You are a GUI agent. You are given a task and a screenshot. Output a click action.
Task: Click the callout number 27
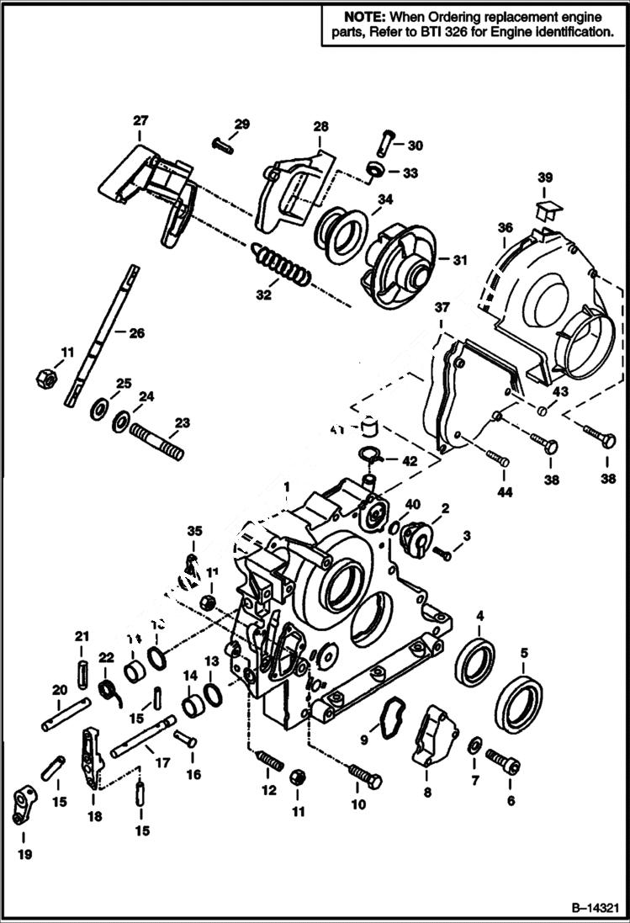[139, 120]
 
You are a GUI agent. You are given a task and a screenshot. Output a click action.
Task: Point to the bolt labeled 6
[503, 763]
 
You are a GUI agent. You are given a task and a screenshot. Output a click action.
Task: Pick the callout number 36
[504, 227]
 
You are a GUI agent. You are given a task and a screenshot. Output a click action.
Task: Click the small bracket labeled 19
[23, 806]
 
